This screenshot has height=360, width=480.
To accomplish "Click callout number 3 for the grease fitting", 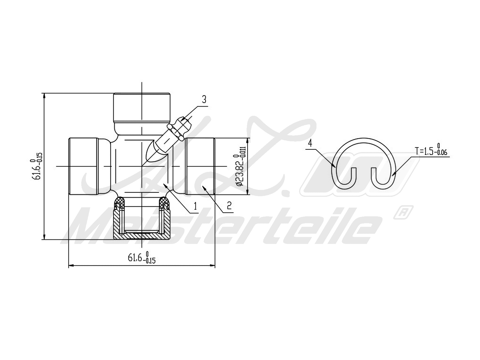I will [x=204, y=100].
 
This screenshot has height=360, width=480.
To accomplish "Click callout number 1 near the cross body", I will [x=195, y=206].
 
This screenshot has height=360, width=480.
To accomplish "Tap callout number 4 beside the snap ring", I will [x=310, y=143].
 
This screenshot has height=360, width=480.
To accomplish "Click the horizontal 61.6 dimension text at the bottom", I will [x=142, y=257].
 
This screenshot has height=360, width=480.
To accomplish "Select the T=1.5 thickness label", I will [x=431, y=151].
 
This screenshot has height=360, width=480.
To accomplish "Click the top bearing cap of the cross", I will [x=142, y=108].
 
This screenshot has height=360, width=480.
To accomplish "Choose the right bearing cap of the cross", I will [x=200, y=166].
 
